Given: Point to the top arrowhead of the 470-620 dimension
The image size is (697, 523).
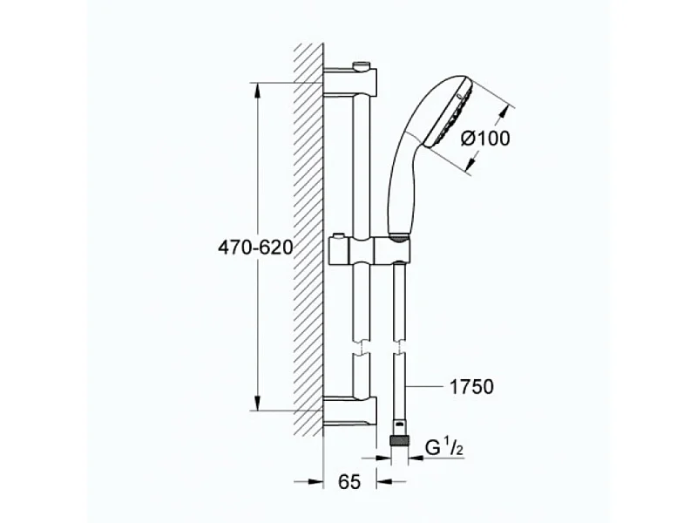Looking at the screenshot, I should (258, 88).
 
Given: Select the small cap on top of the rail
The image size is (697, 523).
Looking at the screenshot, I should (362, 65).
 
